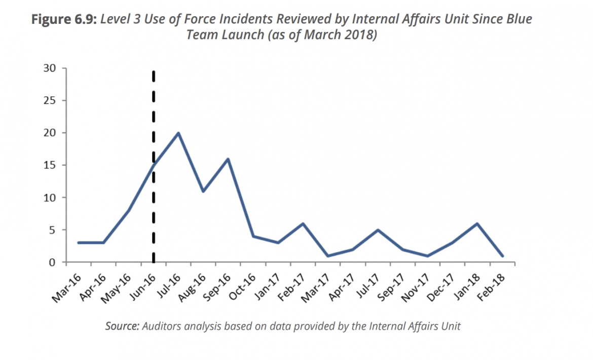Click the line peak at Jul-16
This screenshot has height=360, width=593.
click(x=178, y=133)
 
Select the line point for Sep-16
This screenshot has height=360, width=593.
click(x=228, y=159)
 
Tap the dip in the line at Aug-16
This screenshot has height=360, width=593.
click(x=203, y=191)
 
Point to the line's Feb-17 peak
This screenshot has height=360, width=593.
click(x=303, y=224)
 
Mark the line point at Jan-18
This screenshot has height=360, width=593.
click(x=477, y=224)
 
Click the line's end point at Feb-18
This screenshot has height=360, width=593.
click(x=502, y=256)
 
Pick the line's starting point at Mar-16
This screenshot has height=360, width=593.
click(x=79, y=243)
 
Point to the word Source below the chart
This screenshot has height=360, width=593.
click(x=122, y=326)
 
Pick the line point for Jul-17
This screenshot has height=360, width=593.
click(x=378, y=230)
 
